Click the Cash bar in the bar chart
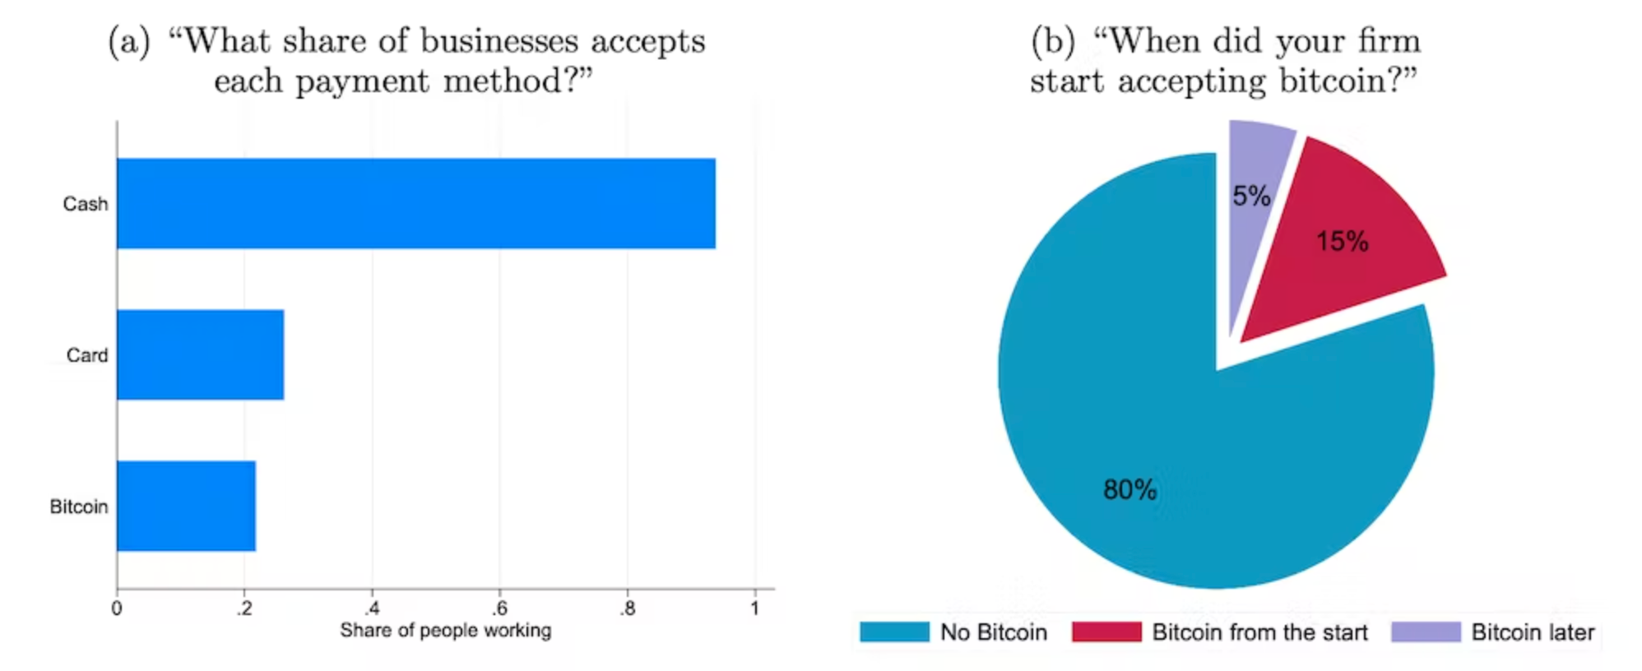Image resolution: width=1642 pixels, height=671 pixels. tap(415, 203)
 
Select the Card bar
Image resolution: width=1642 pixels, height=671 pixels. tap(200, 354)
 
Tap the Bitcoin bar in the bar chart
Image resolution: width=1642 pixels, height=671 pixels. tap(186, 506)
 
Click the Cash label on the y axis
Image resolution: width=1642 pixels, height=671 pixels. tap(86, 204)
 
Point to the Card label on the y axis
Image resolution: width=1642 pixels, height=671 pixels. tap(87, 355)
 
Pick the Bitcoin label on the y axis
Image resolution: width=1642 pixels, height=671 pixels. tap(79, 507)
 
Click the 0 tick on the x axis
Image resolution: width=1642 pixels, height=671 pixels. tap(117, 609)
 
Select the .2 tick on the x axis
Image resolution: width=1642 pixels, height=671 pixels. tap(244, 609)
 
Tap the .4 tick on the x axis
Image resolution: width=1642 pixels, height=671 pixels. tap(372, 609)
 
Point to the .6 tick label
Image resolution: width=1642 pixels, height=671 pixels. tap(499, 609)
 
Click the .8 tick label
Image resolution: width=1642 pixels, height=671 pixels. tap(628, 609)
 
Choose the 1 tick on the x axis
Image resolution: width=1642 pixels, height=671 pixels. tap(754, 609)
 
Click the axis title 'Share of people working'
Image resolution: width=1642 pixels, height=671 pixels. tap(445, 631)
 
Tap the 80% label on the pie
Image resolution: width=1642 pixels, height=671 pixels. tap(1129, 490)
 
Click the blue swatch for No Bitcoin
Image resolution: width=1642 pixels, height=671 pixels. tap(894, 632)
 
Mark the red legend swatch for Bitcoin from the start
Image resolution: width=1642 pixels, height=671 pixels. tap(1106, 632)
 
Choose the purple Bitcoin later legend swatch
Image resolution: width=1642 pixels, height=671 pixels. tap(1426, 632)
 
